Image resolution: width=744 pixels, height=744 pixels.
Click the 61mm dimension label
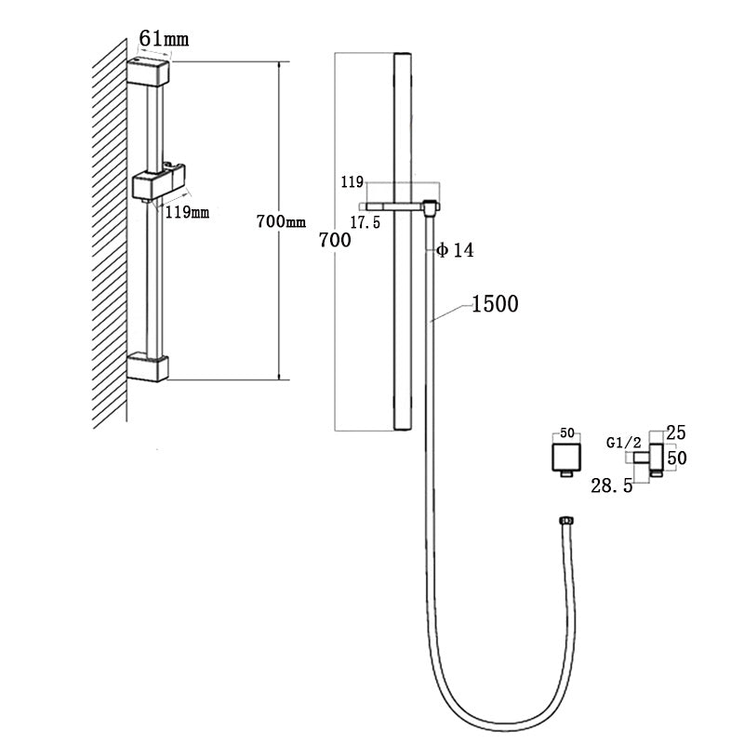coord(163,38)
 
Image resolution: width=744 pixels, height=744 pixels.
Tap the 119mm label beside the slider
coord(187,212)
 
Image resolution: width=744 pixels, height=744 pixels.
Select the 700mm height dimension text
coord(281,222)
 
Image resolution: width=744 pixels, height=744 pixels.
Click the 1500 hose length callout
coord(494,303)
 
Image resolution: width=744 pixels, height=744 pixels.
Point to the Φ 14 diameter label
coord(456,251)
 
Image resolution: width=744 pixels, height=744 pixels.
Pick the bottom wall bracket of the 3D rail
coord(148,366)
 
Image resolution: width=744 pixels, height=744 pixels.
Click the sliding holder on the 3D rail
coord(158,184)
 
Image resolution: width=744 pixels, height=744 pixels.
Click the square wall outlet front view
coord(563,458)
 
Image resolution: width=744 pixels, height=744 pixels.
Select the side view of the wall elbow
coord(656,458)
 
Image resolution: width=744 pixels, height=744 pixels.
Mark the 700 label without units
coord(335,241)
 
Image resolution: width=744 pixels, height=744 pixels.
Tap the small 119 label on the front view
coord(352,184)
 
